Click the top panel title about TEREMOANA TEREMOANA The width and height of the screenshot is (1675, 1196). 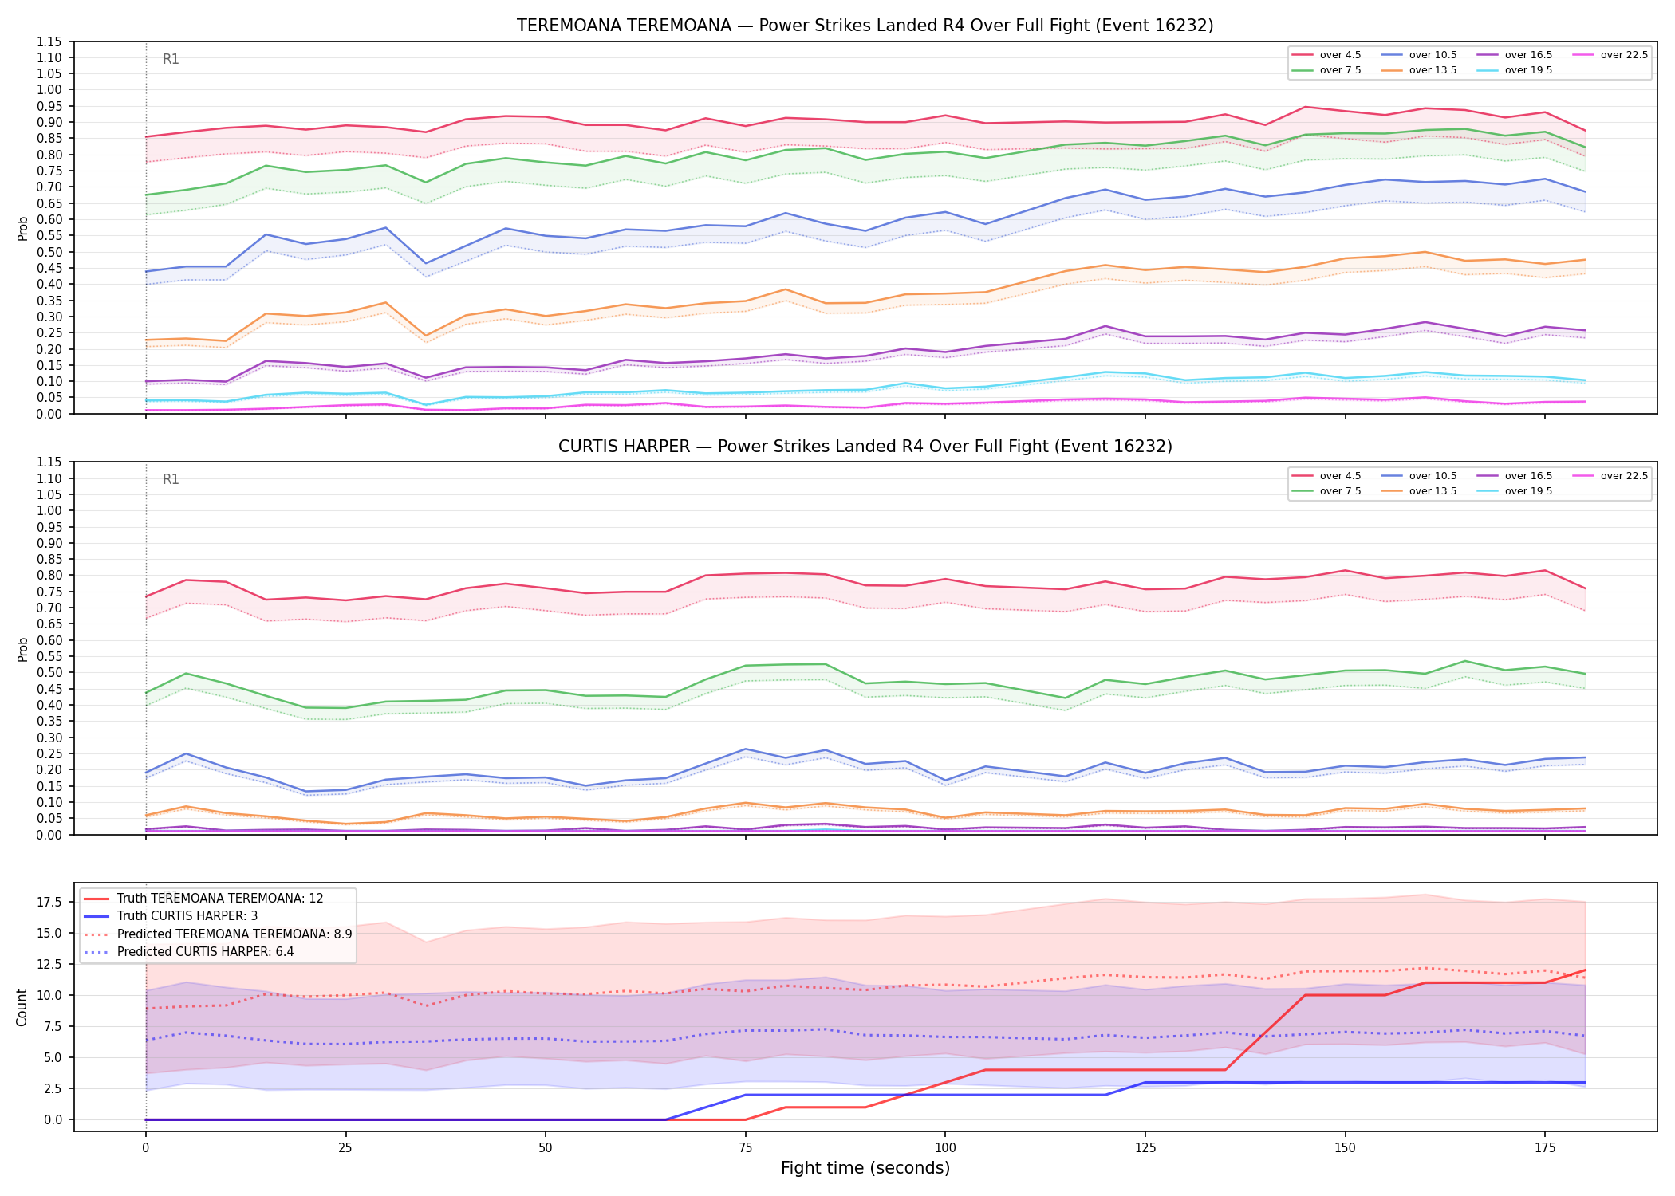[865, 26]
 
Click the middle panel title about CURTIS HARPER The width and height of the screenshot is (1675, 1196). [865, 447]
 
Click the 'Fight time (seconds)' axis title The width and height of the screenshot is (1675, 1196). [865, 1168]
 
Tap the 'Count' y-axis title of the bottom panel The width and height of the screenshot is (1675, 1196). [22, 1007]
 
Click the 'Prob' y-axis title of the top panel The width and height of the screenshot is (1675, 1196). [23, 228]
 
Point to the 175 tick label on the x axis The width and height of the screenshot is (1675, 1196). [1545, 1148]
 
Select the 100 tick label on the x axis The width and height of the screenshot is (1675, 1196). [945, 1148]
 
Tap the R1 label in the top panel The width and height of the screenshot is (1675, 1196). [171, 59]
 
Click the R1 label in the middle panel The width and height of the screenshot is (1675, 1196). [171, 479]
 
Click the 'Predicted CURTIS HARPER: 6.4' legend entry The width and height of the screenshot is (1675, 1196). [188, 952]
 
